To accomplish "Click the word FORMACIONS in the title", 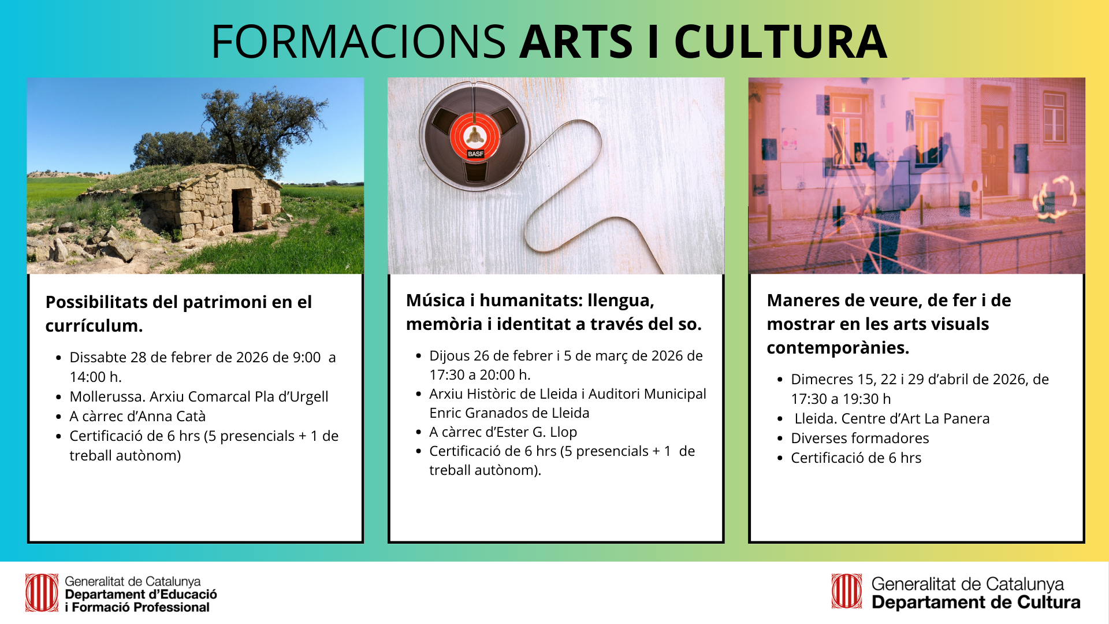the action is coord(359,42).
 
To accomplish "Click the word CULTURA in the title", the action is coord(780,42).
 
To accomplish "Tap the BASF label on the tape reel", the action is coord(475,154).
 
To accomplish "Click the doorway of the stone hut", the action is coord(241,210).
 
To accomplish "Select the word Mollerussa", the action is coord(107,396).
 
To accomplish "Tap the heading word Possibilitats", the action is coord(96,302).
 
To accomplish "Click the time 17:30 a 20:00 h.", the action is coord(480,374).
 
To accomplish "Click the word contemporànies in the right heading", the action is coord(838,348).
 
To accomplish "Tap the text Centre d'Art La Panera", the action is coord(916,418).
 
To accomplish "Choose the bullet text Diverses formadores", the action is coord(860,438).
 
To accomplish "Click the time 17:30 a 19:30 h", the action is coord(841,399).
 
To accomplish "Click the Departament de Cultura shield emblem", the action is coord(847,591).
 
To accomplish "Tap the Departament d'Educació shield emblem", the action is coord(42,593).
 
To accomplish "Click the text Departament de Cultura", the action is coord(976,603).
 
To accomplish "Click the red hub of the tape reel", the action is coord(475,136).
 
